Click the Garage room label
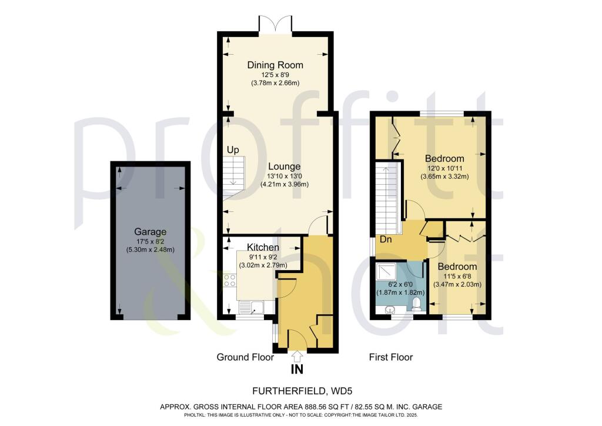click(150, 232)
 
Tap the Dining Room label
click(275, 65)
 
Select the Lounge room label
click(284, 167)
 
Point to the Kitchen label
click(263, 247)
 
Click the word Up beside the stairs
click(233, 150)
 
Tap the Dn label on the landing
click(386, 239)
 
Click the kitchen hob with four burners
click(230, 280)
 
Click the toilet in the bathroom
click(416, 305)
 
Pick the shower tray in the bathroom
click(387, 272)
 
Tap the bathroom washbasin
click(387, 309)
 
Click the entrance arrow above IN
click(297, 356)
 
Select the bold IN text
click(297, 370)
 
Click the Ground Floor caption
click(245, 357)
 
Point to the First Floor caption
click(391, 357)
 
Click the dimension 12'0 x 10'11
click(444, 168)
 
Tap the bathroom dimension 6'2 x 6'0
click(400, 285)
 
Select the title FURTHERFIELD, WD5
click(302, 391)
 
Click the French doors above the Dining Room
click(275, 24)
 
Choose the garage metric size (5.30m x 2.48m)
click(150, 249)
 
